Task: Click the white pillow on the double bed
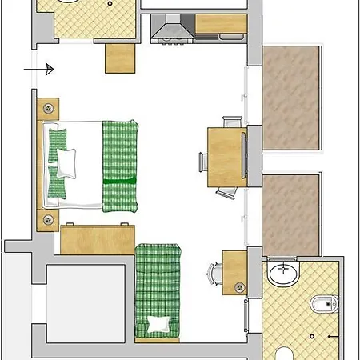(66, 162)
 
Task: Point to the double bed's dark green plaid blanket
(119, 165)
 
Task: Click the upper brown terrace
(290, 98)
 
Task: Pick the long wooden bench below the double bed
(97, 238)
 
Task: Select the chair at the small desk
(214, 274)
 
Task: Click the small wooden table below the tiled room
(121, 57)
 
